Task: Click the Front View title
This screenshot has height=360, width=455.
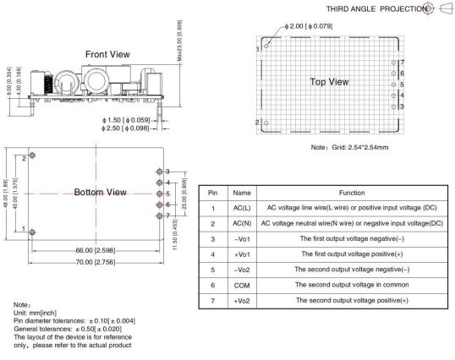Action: point(107,54)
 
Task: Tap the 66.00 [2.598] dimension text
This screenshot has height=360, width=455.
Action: point(96,250)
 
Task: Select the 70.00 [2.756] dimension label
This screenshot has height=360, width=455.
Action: point(96,262)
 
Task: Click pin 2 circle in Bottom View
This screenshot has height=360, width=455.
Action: point(32,155)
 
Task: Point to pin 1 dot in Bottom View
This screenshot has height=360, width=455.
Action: point(32,232)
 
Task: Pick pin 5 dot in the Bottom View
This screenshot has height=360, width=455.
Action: point(159,194)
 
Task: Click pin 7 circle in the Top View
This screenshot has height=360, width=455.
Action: point(393,63)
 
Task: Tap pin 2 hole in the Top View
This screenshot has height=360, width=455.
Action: point(266,123)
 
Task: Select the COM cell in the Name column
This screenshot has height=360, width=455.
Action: point(242,286)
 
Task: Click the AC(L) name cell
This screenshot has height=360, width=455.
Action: point(242,208)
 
